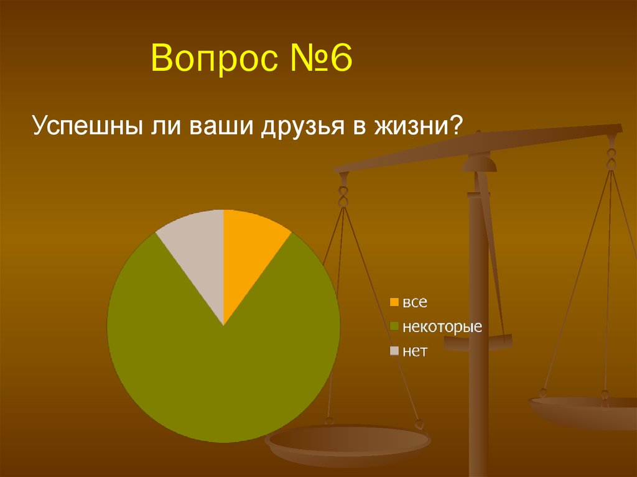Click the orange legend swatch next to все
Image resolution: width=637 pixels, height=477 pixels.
394,302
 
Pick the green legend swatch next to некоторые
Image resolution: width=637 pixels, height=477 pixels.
394,326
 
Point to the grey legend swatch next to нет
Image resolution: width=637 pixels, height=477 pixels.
394,351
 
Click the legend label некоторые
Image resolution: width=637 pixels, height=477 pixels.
442,326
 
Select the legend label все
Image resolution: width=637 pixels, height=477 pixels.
415,303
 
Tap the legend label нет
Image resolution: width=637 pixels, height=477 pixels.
415,351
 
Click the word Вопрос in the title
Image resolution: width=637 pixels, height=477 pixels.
215,58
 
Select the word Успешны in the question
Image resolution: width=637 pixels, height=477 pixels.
88,126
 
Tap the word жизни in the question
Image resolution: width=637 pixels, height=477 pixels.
411,126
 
